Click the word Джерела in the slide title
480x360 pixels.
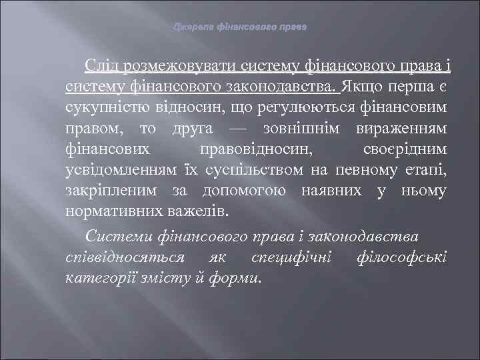coord(191,28)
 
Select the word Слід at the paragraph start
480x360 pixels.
coord(101,67)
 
